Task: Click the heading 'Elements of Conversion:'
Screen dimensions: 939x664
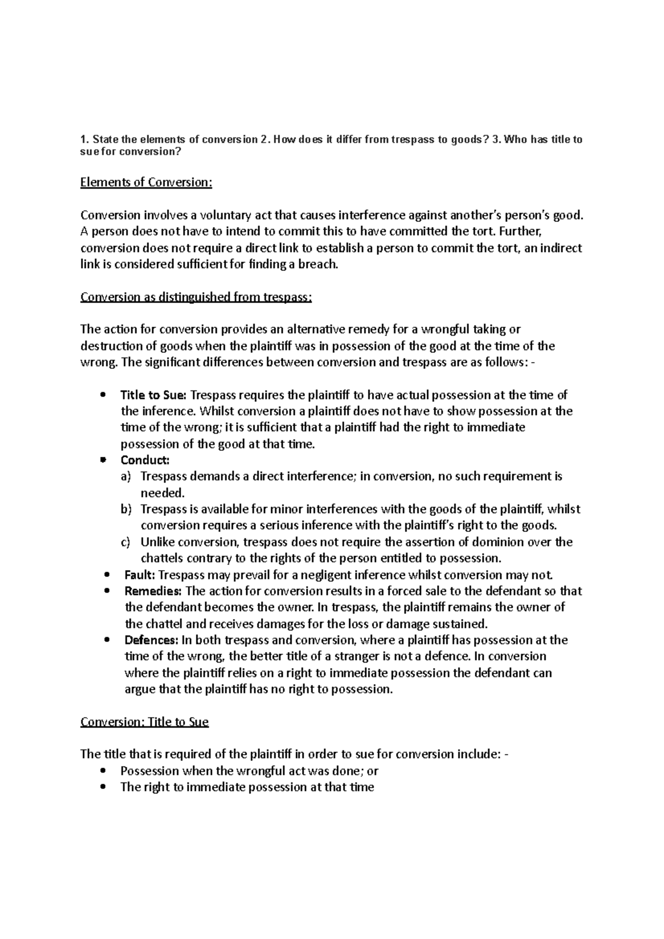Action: coord(146,182)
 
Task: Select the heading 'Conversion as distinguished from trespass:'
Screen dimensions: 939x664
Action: coord(196,297)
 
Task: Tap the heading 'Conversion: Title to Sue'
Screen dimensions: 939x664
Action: coord(144,722)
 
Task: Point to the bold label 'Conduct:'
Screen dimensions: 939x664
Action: coord(144,460)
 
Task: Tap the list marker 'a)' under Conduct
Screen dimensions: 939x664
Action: coord(126,477)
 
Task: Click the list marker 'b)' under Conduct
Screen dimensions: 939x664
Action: coord(126,509)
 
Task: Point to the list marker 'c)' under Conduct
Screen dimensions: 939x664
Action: coord(126,542)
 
